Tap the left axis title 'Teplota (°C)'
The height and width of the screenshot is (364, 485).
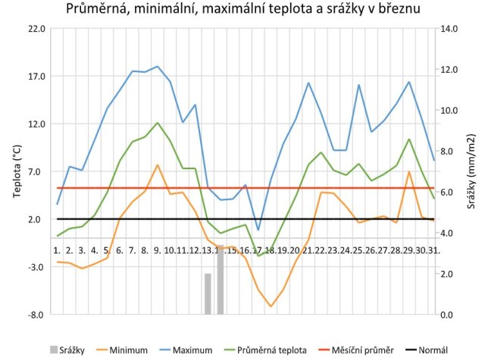click(17, 171)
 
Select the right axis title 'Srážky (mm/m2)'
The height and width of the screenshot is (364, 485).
click(471, 171)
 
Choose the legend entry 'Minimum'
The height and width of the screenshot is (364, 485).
click(129, 350)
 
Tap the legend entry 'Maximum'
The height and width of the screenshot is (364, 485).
click(192, 350)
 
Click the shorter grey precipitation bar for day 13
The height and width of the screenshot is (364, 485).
click(207, 293)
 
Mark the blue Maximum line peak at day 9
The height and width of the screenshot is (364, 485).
click(158, 67)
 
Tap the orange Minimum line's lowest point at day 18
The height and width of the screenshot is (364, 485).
click(271, 306)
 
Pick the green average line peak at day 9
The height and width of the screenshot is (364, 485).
click(158, 123)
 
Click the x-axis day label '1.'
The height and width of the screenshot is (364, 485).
click(57, 249)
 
